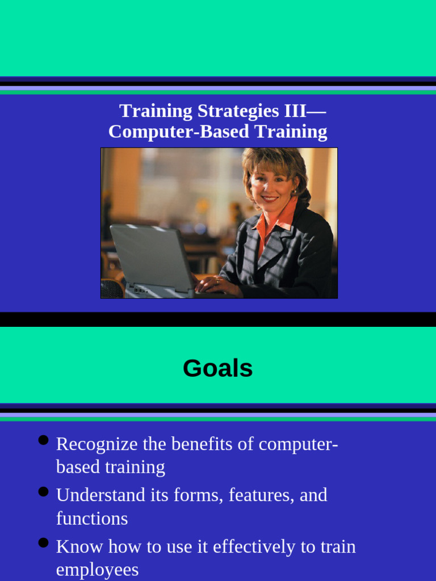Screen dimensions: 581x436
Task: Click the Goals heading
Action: pyautogui.click(x=217, y=369)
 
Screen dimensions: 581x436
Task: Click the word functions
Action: pyautogui.click(x=92, y=518)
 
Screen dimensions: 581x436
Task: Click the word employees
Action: pyautogui.click(x=97, y=570)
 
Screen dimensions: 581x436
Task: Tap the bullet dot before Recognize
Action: pyautogui.click(x=43, y=441)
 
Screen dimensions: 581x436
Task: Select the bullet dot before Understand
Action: pyautogui.click(x=43, y=492)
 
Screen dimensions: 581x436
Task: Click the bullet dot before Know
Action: pyautogui.click(x=43, y=543)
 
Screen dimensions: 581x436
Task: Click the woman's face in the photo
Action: pyautogui.click(x=270, y=185)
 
